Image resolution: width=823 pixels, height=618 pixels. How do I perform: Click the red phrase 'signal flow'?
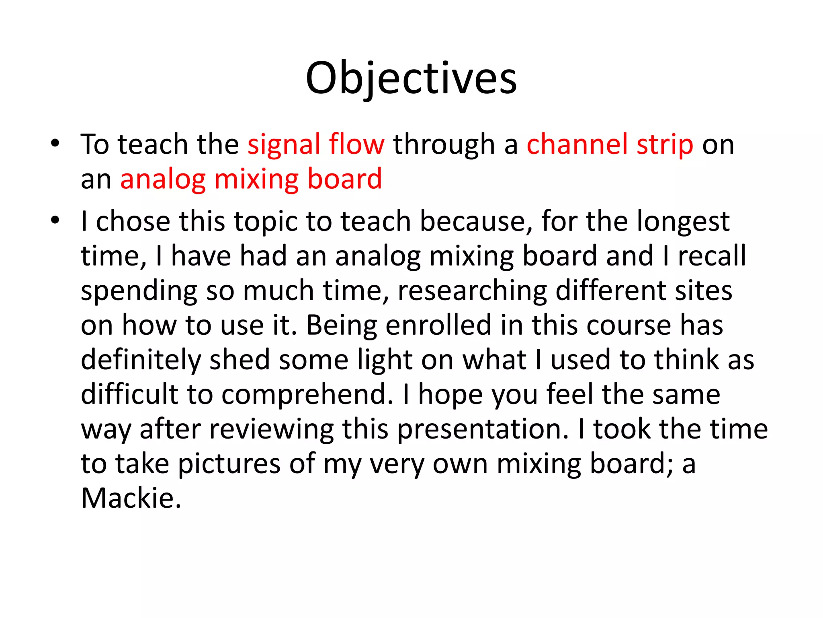[316, 144]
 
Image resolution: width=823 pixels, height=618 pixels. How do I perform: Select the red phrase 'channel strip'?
[610, 144]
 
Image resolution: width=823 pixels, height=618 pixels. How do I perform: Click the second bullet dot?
[55, 220]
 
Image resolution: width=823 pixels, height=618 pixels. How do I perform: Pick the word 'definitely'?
[141, 360]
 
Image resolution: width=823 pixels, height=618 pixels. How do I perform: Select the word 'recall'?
[712, 256]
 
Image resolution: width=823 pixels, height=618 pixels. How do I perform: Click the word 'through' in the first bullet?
[444, 144]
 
